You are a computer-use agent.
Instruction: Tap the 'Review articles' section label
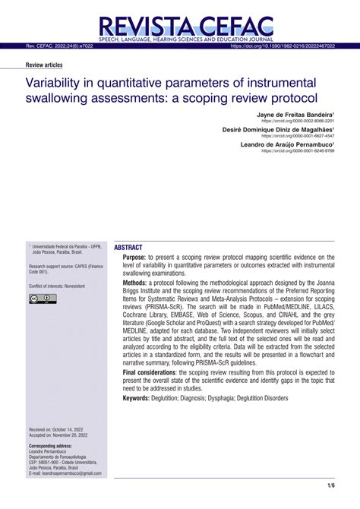coord(43,65)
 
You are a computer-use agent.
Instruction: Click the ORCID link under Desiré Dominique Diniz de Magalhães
coord(298,136)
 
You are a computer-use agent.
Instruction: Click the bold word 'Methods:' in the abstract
coord(140,283)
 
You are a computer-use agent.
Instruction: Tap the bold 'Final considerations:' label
coord(159,373)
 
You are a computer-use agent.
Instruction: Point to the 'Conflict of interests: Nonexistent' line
coord(57,285)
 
